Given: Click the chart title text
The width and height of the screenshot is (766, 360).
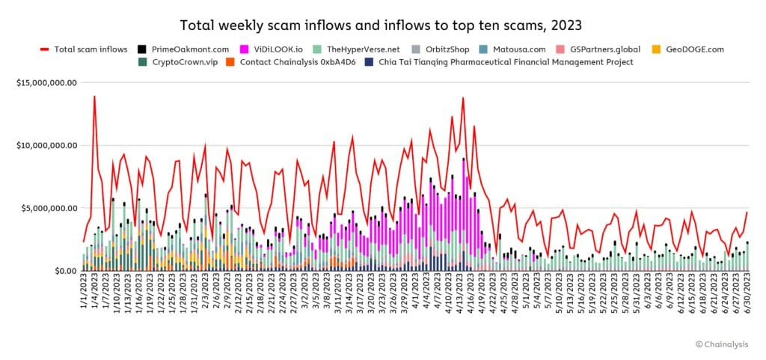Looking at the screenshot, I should click(382, 22).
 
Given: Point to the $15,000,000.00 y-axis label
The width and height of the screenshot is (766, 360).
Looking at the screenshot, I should click(47, 82).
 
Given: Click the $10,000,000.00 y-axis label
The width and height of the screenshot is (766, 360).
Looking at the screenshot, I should click(47, 145).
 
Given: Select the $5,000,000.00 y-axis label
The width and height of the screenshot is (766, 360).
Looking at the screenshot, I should click(49, 208).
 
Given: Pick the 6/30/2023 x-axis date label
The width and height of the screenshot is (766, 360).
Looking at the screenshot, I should click(747, 296).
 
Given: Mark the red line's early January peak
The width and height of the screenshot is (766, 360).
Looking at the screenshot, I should click(94, 96).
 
